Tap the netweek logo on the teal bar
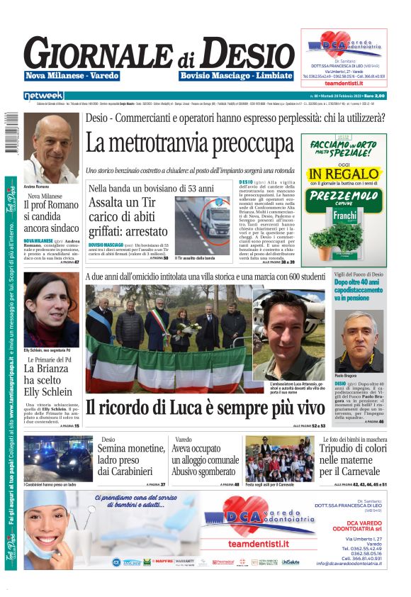[43, 95]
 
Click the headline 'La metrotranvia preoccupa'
[189, 143]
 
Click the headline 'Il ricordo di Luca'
[205, 408]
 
